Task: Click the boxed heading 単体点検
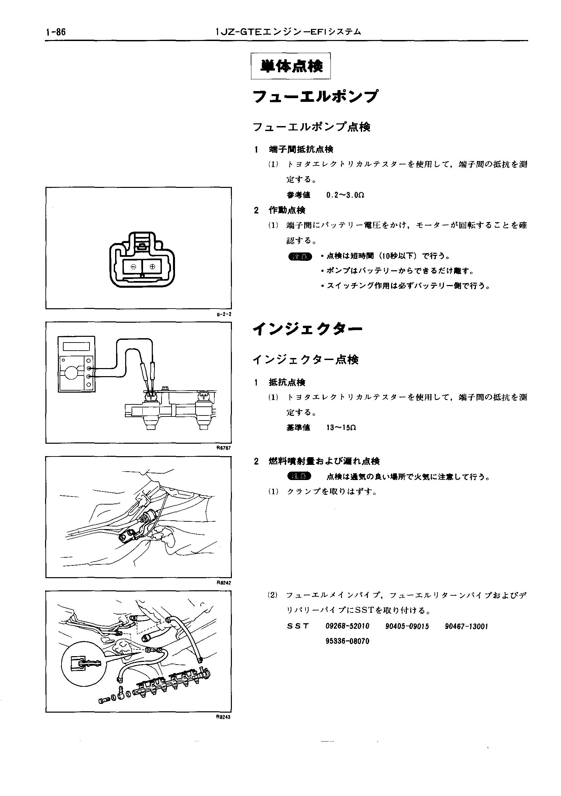tap(291, 66)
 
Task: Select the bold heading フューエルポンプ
tap(315, 97)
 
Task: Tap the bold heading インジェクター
tap(308, 329)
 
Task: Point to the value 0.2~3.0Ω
tap(345, 195)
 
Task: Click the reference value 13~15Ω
tap(342, 428)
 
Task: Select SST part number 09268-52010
tap(347, 626)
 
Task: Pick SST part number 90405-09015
tap(407, 626)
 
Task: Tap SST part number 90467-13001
tap(466, 626)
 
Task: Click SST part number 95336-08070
tap(347, 641)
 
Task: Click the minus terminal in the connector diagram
tap(133, 267)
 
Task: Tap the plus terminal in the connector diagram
tap(152, 267)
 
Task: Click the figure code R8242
tap(223, 583)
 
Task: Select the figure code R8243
tap(223, 717)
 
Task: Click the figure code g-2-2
tap(224, 314)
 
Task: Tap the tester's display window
tap(76, 346)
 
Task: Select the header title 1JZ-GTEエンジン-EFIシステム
tap(288, 32)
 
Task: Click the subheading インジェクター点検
tap(306, 360)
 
